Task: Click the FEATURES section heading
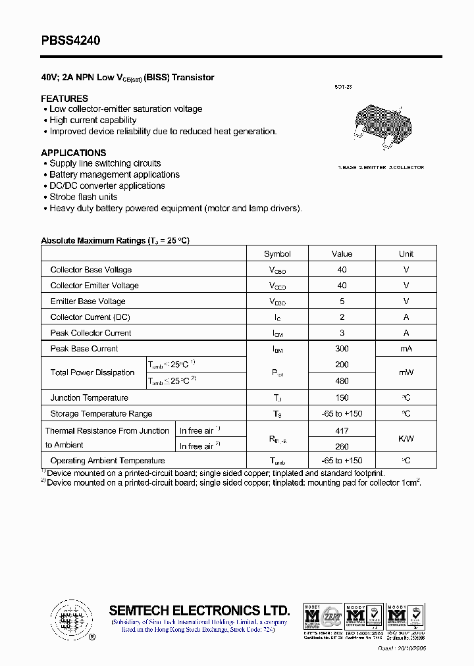point(65,98)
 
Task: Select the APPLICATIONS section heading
point(73,153)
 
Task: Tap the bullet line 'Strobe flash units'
point(84,197)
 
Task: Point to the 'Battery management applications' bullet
point(115,174)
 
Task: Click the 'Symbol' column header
point(277,253)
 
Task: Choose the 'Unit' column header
point(406,253)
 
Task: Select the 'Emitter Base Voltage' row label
point(88,301)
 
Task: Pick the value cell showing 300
point(342,349)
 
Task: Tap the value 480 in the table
point(342,380)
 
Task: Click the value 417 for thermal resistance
point(342,430)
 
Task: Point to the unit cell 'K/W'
point(406,438)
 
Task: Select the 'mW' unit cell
point(406,372)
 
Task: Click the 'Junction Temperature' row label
point(89,397)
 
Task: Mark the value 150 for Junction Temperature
point(342,397)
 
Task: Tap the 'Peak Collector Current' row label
point(91,333)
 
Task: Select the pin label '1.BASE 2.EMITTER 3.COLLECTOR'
point(381,168)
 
